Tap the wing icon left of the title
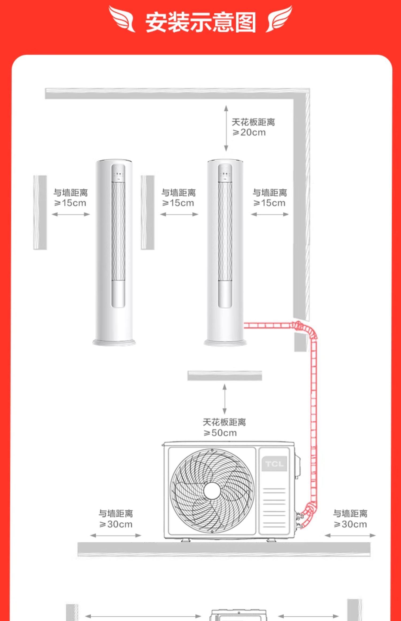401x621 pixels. pos(122,19)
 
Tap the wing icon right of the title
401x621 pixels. pos(279,19)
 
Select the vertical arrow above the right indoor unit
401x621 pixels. pos(226,128)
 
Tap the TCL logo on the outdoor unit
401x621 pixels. pos(274,464)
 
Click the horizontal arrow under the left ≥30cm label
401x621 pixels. pos(116,535)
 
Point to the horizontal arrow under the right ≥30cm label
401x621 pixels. pos(350,535)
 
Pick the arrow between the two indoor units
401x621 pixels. pos(179,214)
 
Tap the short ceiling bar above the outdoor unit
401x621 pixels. pos(225,375)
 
